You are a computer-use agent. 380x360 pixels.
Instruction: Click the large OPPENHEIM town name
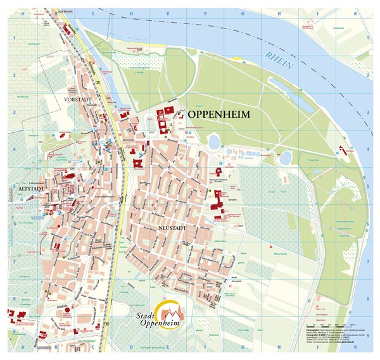[x=219, y=115]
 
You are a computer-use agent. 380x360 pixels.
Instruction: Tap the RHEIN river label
[x=281, y=58]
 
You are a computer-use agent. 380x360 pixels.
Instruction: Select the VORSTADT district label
[x=79, y=100]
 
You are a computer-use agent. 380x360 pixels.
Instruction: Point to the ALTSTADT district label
[x=20, y=188]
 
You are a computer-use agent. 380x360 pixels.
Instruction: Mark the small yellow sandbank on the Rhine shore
[x=237, y=58]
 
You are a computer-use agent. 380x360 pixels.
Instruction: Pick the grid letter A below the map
[x=22, y=347]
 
